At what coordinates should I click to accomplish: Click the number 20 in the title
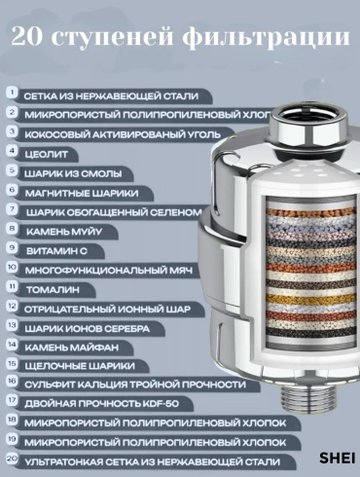[x=27, y=37]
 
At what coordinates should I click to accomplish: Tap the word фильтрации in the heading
[x=267, y=38]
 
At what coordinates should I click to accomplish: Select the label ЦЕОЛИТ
[x=47, y=155]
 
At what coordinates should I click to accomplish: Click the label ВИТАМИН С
[x=56, y=251]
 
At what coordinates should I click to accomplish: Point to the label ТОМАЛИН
[x=53, y=290]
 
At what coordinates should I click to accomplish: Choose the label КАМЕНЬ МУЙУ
[x=64, y=232]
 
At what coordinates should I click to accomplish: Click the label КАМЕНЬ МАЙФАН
[x=72, y=348]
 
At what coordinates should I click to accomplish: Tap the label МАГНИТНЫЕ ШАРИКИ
[x=82, y=194]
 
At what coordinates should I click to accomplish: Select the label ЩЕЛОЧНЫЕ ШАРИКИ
[x=80, y=366]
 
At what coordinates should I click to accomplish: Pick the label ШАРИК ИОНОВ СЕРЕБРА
[x=88, y=329]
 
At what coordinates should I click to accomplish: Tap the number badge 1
[x=12, y=92]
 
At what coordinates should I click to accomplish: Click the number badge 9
[x=12, y=247]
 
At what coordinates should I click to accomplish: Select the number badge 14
[x=12, y=345]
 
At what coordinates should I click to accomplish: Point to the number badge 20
[x=12, y=459]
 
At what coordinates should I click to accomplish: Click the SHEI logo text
[x=338, y=458]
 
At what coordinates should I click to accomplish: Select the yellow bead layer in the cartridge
[x=311, y=299]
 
